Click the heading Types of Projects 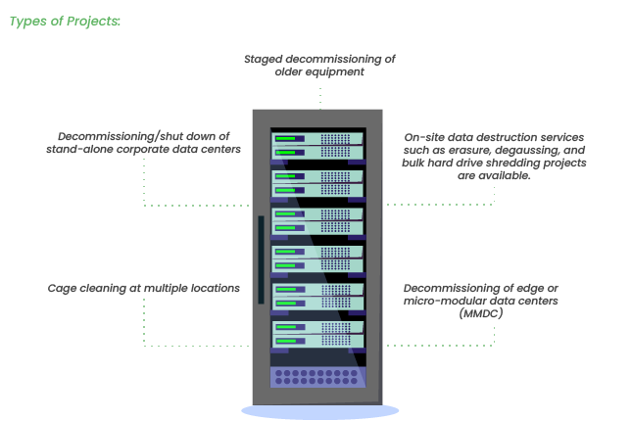tap(65, 21)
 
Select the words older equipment tap(319, 71)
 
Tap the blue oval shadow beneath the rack tap(319, 411)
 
